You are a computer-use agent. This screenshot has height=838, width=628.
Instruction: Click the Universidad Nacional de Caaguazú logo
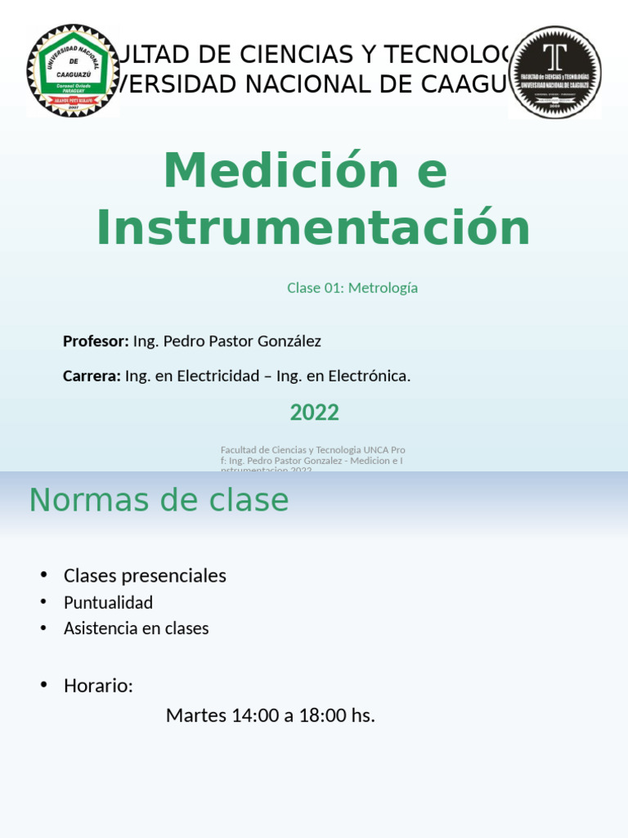(x=73, y=71)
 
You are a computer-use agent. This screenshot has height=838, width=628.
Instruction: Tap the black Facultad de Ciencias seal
(x=555, y=72)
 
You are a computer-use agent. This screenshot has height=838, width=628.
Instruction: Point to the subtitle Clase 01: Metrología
(x=352, y=288)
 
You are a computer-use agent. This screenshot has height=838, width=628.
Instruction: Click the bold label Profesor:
(x=96, y=341)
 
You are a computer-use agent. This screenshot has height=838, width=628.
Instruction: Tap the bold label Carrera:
(x=92, y=376)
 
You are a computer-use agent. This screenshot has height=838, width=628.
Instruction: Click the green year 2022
(x=314, y=412)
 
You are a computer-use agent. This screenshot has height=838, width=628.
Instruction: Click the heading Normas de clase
(x=159, y=500)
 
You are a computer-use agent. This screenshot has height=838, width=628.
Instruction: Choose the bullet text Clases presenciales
(x=145, y=576)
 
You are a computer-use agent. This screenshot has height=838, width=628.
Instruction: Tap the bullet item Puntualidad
(x=108, y=603)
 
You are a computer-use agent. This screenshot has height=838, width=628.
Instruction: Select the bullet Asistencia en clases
(x=136, y=628)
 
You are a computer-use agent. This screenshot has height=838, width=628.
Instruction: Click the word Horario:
(x=98, y=686)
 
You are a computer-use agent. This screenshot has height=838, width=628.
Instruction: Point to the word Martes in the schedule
(x=196, y=715)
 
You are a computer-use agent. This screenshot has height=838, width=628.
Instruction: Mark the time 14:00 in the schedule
(x=255, y=715)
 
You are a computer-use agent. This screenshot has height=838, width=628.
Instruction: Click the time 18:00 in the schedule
(x=324, y=715)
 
